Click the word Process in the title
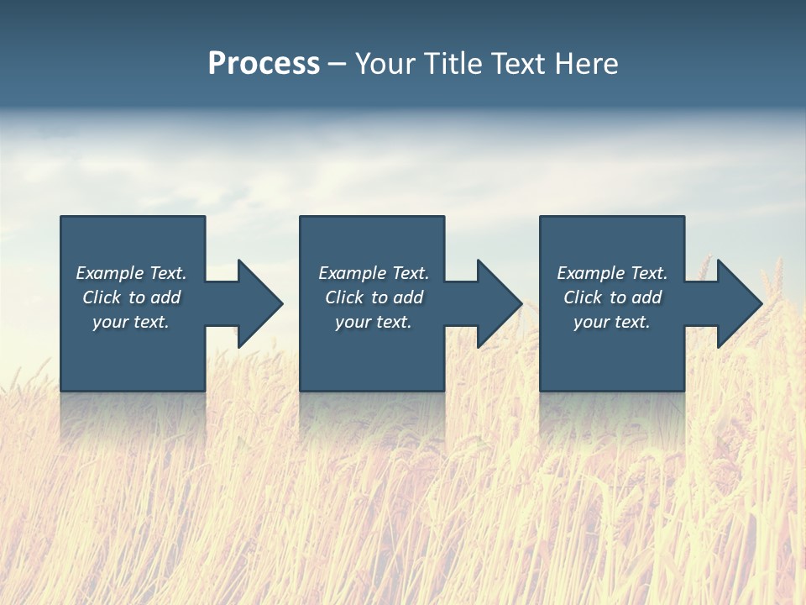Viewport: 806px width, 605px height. [x=264, y=64]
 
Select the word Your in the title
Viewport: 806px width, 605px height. [x=386, y=64]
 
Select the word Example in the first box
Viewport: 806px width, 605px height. [x=110, y=273]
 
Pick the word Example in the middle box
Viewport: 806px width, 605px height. [x=353, y=273]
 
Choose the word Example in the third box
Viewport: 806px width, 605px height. [x=591, y=273]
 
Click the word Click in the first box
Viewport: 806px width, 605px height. [x=102, y=297]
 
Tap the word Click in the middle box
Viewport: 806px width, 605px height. [x=344, y=297]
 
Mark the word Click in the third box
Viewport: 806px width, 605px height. [x=583, y=297]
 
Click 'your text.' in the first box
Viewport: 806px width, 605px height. [x=131, y=323]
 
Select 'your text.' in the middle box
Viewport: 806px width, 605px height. [x=374, y=323]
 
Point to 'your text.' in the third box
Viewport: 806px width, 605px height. [x=612, y=323]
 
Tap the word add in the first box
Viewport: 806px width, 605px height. [x=165, y=297]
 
